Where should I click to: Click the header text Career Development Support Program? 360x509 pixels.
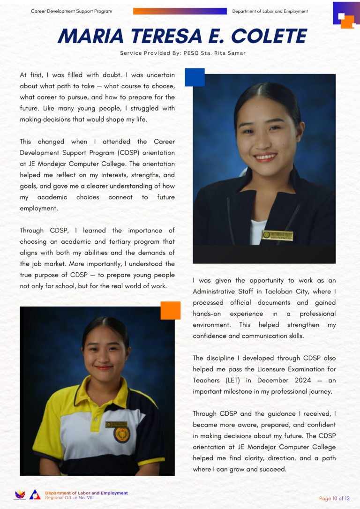(71, 11)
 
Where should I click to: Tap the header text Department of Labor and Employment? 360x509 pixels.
(270, 11)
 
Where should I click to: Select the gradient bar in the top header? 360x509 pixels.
(180, 11)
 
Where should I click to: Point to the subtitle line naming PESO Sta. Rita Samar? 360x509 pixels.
(183, 53)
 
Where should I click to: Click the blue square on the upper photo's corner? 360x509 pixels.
(195, 77)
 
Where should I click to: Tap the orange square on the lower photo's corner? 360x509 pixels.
(171, 310)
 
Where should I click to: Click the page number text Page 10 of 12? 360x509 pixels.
(334, 498)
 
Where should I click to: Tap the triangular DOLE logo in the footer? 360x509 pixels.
(35, 494)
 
